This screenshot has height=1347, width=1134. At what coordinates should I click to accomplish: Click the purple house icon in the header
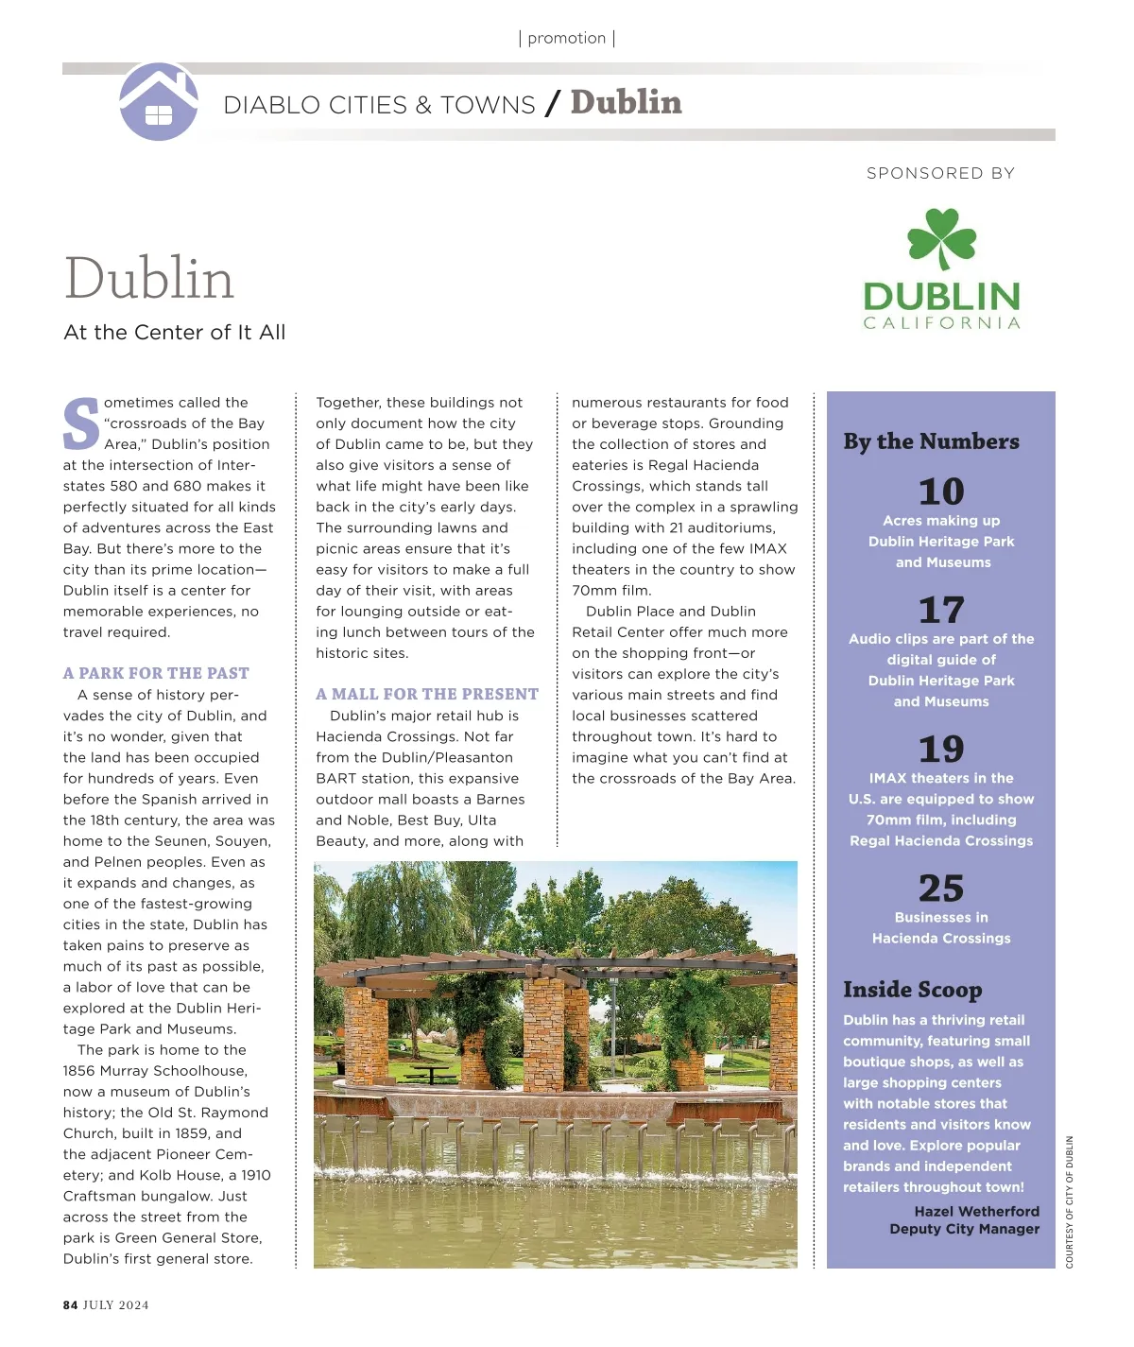point(159,102)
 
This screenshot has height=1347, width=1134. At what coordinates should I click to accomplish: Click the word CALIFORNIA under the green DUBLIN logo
point(942,323)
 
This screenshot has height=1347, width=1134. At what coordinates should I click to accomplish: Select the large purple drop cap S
point(81,424)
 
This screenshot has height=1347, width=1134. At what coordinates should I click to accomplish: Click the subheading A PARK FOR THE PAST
point(156,673)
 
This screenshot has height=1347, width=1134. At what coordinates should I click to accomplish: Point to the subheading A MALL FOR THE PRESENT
point(427,694)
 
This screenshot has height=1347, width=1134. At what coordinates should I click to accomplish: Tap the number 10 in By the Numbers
point(941,492)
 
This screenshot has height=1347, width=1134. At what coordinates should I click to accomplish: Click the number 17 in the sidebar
point(941,610)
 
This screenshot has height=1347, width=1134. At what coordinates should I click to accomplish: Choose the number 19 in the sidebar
point(941,749)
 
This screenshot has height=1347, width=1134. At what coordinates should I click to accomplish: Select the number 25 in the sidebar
point(941,888)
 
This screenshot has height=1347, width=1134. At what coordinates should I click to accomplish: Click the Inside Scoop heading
point(913,990)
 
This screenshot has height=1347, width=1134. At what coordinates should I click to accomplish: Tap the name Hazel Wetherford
point(976,1211)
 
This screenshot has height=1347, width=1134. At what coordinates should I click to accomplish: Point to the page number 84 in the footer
point(71,1305)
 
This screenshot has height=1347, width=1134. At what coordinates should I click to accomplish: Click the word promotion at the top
point(567,39)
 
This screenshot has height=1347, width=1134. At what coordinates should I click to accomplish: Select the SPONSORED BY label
point(940,173)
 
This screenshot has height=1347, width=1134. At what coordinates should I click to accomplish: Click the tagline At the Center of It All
point(175,333)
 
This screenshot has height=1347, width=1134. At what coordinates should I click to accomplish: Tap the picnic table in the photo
point(432,1072)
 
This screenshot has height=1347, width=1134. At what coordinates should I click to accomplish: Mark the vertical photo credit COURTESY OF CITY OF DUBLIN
point(1070,1201)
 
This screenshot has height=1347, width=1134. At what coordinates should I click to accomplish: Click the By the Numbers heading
point(931,441)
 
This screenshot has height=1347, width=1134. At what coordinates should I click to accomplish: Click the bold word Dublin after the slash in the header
point(626,102)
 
